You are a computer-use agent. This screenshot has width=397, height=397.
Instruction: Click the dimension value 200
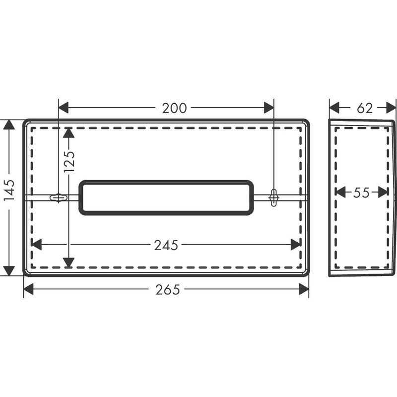point(174,108)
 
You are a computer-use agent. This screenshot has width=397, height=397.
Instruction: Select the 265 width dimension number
point(168,290)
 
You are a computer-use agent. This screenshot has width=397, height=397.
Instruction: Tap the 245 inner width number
point(166,245)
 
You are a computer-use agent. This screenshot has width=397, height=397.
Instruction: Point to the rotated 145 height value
point(9,190)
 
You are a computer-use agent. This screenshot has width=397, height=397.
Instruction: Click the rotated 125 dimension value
point(69,162)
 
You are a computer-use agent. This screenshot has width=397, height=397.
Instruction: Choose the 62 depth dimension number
point(365,108)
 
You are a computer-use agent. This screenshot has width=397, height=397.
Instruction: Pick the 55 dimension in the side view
point(361,193)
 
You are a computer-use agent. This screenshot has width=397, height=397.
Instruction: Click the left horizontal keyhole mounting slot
point(59,198)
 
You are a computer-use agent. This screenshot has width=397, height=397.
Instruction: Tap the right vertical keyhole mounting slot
point(274,198)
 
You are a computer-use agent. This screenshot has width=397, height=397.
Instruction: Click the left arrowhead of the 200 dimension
point(64,108)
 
